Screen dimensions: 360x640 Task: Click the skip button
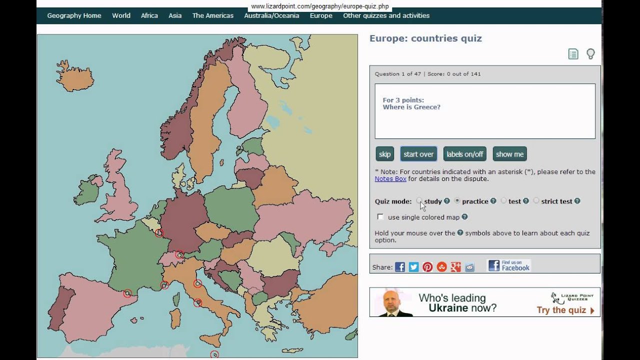click(x=384, y=154)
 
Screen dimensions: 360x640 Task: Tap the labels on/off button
click(x=464, y=154)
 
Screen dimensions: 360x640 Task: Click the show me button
click(x=509, y=154)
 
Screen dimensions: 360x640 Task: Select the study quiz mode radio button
click(x=419, y=201)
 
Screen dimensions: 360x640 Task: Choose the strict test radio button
click(x=536, y=201)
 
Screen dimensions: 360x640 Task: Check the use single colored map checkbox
click(x=380, y=217)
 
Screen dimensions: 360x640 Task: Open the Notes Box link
click(x=390, y=178)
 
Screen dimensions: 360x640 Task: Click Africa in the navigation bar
click(x=149, y=15)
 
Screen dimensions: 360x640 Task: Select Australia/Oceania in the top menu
click(x=271, y=15)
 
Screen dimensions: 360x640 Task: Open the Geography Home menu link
click(x=74, y=15)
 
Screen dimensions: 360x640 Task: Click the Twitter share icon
click(x=413, y=267)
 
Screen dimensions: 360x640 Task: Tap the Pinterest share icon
click(x=427, y=267)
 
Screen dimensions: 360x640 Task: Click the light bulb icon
click(x=590, y=54)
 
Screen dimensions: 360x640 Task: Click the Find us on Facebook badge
click(x=509, y=265)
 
